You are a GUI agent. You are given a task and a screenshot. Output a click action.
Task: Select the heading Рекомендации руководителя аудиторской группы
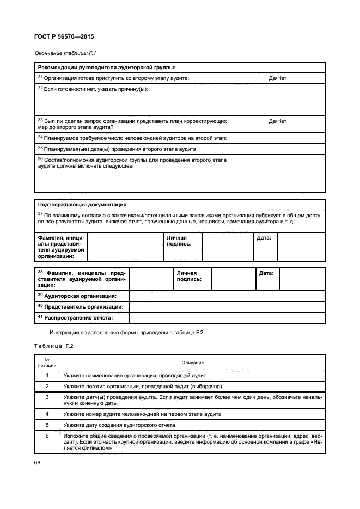pos(107,68)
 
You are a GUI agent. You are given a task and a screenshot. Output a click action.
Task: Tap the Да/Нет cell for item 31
pos(277,78)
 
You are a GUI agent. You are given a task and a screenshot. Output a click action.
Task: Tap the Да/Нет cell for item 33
pos(277,121)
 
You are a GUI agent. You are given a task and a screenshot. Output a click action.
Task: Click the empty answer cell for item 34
pos(277,138)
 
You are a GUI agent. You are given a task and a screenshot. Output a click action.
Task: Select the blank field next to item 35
pos(277,148)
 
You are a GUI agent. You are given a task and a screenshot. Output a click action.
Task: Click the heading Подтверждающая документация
pos(82,205)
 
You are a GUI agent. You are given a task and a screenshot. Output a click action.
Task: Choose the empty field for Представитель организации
pos(227,306)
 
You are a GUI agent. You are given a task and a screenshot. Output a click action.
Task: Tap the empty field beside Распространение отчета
pos(227,317)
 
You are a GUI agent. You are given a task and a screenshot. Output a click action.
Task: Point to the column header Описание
pos(192,362)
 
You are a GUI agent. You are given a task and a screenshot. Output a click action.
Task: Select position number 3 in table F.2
pos(47,397)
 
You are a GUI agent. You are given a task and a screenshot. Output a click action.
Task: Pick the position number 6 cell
pos(47,436)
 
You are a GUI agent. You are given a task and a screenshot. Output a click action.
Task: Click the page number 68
pos(38,463)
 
